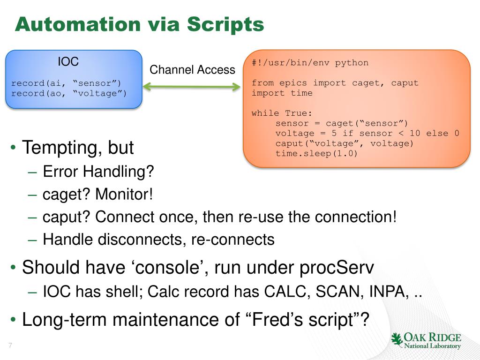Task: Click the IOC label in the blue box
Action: click(68, 61)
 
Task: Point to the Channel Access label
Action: click(192, 70)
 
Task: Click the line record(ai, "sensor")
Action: click(69, 83)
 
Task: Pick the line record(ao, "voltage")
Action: click(69, 93)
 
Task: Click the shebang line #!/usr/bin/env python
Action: click(310, 63)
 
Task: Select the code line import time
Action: click(282, 93)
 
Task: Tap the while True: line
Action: click(282, 113)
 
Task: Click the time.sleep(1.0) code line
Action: click(316, 153)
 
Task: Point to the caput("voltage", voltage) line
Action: click(345, 143)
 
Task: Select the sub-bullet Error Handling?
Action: click(98, 172)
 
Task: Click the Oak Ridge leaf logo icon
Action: click(397, 339)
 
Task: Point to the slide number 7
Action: click(9, 346)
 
